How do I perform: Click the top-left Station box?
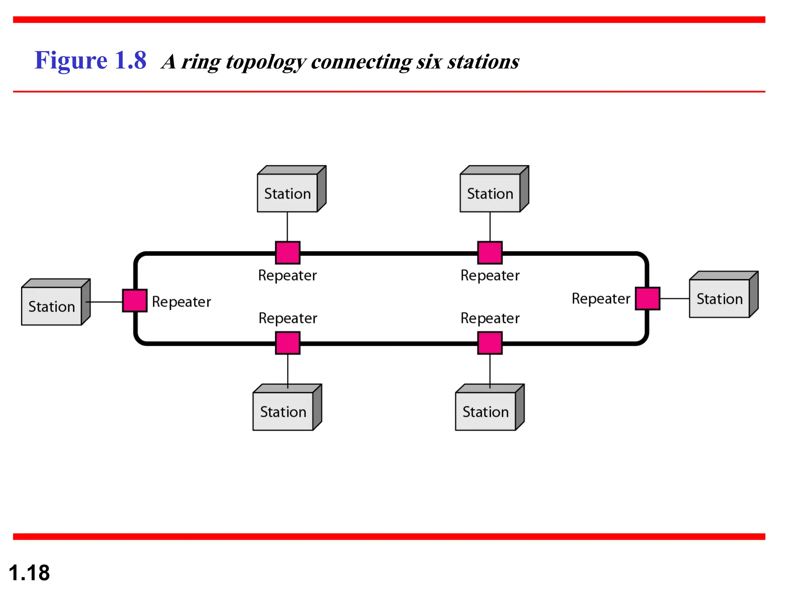point(287,193)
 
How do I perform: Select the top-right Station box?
point(490,193)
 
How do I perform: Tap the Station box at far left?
point(52,306)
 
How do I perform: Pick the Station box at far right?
point(719,298)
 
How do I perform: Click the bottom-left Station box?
point(283,411)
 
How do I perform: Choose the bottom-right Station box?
point(486,411)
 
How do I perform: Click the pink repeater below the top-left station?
point(287,253)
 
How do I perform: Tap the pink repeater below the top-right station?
point(490,253)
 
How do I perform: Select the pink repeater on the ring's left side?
point(135,301)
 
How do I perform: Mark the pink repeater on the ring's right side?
point(647,298)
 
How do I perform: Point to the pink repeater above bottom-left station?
point(287,343)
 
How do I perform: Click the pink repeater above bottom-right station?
point(490,343)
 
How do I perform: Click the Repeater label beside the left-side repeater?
point(181,302)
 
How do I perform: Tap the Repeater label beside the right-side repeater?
point(601,298)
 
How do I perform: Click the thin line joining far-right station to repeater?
point(675,298)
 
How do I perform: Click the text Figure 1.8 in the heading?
point(90,61)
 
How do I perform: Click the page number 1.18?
point(29,573)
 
